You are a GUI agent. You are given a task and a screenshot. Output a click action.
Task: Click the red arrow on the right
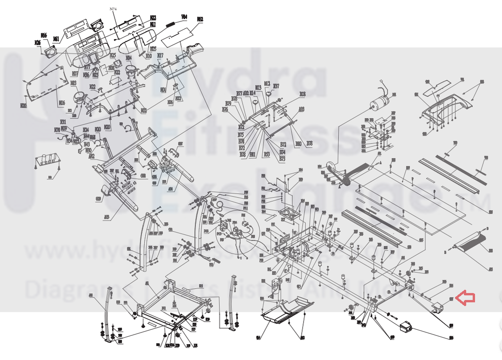click(x=466, y=298)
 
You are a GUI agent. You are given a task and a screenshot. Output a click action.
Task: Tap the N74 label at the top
click(x=113, y=9)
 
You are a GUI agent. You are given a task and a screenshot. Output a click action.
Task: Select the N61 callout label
click(x=56, y=39)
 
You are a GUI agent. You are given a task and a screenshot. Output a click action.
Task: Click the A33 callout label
click(x=301, y=109)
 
